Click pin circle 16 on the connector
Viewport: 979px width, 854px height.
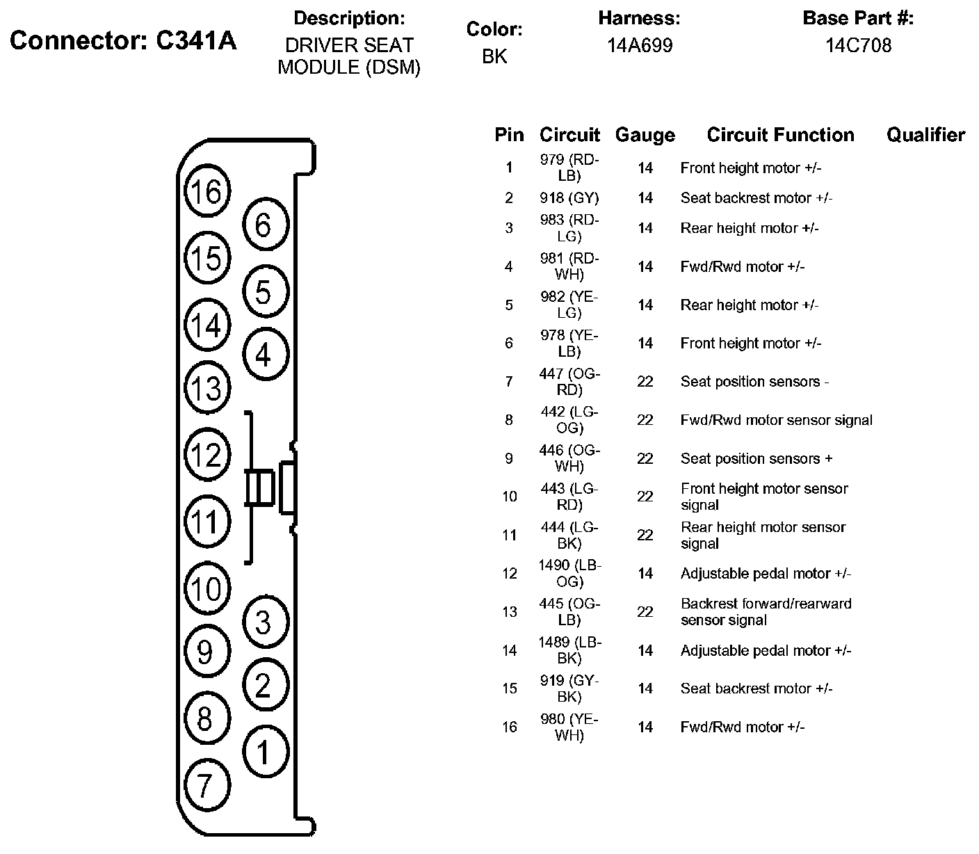coord(206,192)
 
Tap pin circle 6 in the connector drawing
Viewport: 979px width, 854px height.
coord(263,225)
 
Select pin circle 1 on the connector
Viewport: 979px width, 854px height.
coord(263,752)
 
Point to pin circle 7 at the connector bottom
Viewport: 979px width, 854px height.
coord(205,786)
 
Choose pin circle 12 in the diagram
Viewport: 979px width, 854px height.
coord(206,456)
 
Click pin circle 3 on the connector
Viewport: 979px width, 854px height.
coord(263,622)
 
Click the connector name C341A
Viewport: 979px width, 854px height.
coord(123,42)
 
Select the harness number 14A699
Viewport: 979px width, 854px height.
coord(639,46)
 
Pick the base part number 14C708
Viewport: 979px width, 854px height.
coord(858,46)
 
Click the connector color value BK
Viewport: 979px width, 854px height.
coord(494,56)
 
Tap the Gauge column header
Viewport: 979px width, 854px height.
coord(645,135)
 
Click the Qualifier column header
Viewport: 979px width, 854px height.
coord(925,135)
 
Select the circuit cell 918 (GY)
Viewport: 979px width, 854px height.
coord(569,198)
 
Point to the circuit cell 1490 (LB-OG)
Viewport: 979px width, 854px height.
coord(569,574)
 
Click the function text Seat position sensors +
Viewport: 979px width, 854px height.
coord(756,459)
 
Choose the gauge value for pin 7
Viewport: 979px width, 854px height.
coord(645,382)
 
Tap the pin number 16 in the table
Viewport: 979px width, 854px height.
coord(510,727)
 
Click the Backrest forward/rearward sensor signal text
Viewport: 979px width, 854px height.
coord(766,612)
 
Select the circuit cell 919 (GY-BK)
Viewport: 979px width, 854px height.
coord(569,688)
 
